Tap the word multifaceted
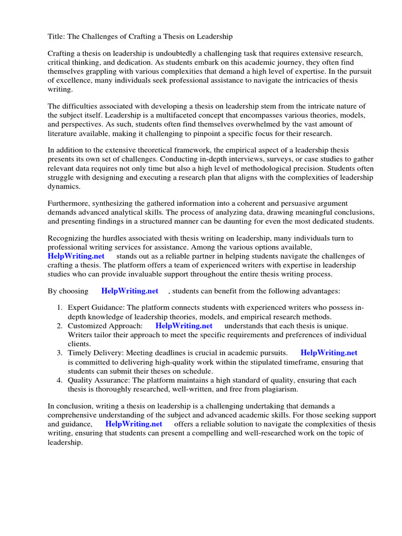click(182, 115)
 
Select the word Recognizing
click(69, 238)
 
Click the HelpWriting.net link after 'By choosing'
click(130, 291)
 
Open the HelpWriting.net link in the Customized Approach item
click(184, 326)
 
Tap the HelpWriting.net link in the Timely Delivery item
click(329, 353)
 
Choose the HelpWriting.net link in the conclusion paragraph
click(133, 423)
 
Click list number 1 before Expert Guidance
click(60, 308)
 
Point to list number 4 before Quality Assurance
click(60, 380)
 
